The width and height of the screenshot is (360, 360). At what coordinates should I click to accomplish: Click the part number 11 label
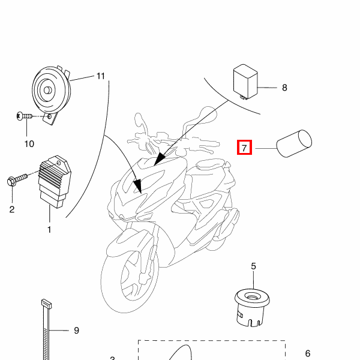pyautogui.click(x=100, y=76)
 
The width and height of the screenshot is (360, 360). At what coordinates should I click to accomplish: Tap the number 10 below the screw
pyautogui.click(x=29, y=143)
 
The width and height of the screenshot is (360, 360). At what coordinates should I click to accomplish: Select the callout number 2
pyautogui.click(x=11, y=209)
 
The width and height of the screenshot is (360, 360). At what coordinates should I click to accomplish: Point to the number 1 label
pyautogui.click(x=49, y=229)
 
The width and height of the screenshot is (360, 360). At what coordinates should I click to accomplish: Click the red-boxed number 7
pyautogui.click(x=244, y=147)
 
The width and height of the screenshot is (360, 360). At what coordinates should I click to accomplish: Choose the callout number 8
pyautogui.click(x=284, y=88)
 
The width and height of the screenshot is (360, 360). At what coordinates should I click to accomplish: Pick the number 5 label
pyautogui.click(x=253, y=266)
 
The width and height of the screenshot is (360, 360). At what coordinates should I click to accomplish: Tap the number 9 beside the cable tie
pyautogui.click(x=76, y=331)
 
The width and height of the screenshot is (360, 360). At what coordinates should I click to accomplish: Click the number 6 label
pyautogui.click(x=308, y=353)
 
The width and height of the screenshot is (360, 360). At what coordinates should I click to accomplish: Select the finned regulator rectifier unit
pyautogui.click(x=54, y=179)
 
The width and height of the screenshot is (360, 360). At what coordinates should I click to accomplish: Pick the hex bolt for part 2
pyautogui.click(x=16, y=179)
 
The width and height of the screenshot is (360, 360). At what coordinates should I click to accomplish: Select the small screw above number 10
pyautogui.click(x=22, y=116)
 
